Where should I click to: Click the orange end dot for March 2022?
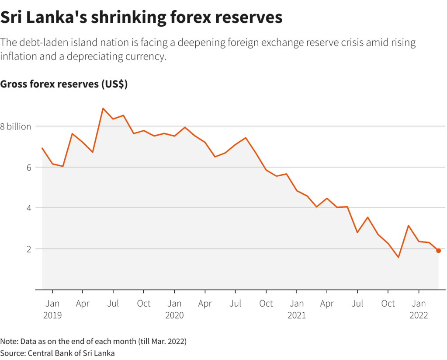(438, 251)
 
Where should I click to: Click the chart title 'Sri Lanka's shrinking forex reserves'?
(141, 17)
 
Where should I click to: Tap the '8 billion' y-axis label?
(16, 127)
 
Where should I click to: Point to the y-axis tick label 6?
(28, 168)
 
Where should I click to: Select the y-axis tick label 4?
(28, 208)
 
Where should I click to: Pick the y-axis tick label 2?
(28, 249)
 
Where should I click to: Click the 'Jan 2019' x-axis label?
(52, 309)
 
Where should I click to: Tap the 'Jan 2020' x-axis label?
(175, 309)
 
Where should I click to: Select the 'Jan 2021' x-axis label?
(297, 309)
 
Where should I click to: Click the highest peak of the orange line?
(103, 108)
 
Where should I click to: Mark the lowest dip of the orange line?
(398, 257)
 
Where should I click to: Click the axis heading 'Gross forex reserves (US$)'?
(64, 84)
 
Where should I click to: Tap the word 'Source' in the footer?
(12, 353)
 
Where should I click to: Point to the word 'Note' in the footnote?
(8, 341)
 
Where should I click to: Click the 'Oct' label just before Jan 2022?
(388, 304)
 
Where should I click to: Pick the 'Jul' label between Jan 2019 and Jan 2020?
(113, 304)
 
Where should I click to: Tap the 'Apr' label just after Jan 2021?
(327, 304)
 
